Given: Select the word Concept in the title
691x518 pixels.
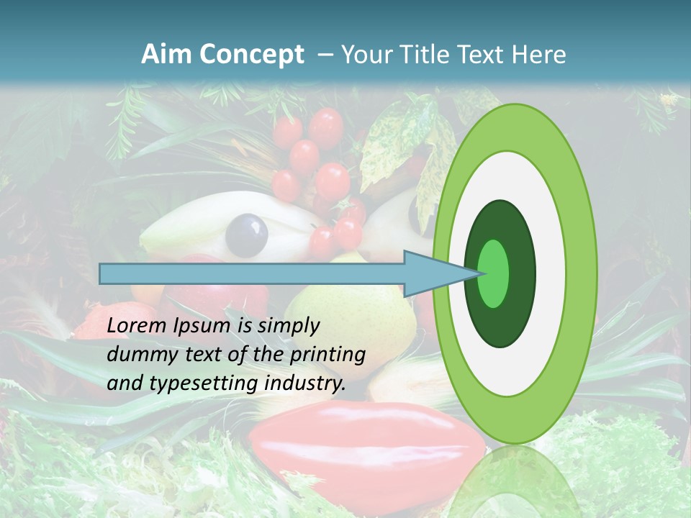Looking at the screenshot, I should coord(253,55).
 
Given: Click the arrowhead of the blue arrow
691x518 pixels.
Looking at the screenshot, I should coord(439,273).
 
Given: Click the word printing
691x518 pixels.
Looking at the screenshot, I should coord(327,355).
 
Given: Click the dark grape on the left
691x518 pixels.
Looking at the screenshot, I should coord(246,235).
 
